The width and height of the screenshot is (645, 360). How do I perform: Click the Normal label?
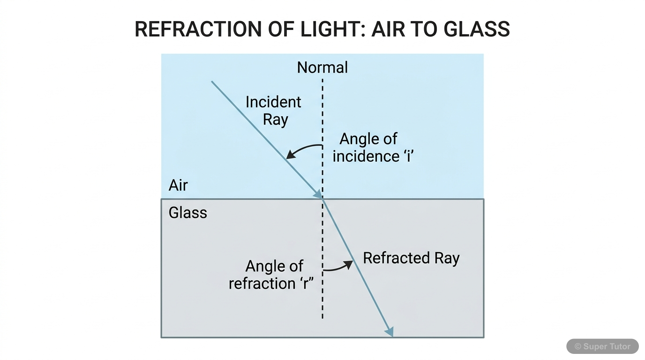[x=322, y=67]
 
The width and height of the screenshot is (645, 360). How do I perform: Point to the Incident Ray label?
[x=274, y=111]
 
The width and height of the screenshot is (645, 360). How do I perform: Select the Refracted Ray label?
[x=411, y=258]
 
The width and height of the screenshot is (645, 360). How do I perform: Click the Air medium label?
[x=178, y=186]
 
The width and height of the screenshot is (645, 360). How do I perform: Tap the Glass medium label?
[x=187, y=213]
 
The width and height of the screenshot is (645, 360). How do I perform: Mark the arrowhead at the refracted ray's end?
[x=389, y=332]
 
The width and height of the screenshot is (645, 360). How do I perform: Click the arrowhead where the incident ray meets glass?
[x=318, y=194]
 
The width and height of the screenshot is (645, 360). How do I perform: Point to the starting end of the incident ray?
[x=212, y=82]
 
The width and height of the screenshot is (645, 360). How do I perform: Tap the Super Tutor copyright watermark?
[x=602, y=346]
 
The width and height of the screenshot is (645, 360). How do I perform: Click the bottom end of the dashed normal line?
[x=322, y=318]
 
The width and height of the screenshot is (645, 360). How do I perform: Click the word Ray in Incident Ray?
[x=275, y=120]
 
